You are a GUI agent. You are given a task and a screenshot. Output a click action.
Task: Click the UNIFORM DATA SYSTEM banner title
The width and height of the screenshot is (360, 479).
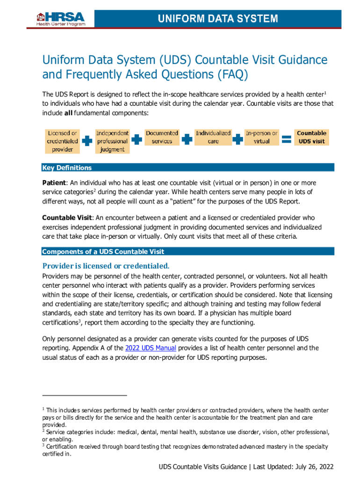click(x=217, y=19)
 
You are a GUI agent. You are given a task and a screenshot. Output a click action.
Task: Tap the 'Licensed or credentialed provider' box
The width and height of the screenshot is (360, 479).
click(x=62, y=141)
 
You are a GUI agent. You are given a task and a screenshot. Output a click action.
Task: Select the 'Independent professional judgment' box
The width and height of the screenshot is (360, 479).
click(x=112, y=141)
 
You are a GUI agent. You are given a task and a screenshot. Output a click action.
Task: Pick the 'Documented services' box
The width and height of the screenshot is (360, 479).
click(x=162, y=137)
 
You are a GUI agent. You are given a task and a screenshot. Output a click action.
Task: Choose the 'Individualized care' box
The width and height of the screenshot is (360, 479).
click(x=213, y=137)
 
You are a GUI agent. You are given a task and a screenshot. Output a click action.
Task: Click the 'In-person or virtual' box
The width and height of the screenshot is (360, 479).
click(x=262, y=137)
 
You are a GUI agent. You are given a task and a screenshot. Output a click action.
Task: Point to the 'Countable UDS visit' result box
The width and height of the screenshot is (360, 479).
click(x=311, y=137)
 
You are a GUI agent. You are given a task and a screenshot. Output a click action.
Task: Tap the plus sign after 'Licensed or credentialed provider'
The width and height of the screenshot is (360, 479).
click(x=87, y=140)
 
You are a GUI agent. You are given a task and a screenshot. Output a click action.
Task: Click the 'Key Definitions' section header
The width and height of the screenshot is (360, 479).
click(x=67, y=168)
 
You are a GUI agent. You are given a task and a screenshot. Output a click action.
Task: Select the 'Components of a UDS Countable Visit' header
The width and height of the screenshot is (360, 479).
click(x=103, y=252)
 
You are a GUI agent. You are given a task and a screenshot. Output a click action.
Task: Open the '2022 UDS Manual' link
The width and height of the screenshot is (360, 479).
click(x=151, y=348)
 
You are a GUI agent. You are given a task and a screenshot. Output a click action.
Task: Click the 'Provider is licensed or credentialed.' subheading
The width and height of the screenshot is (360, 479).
click(x=106, y=266)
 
